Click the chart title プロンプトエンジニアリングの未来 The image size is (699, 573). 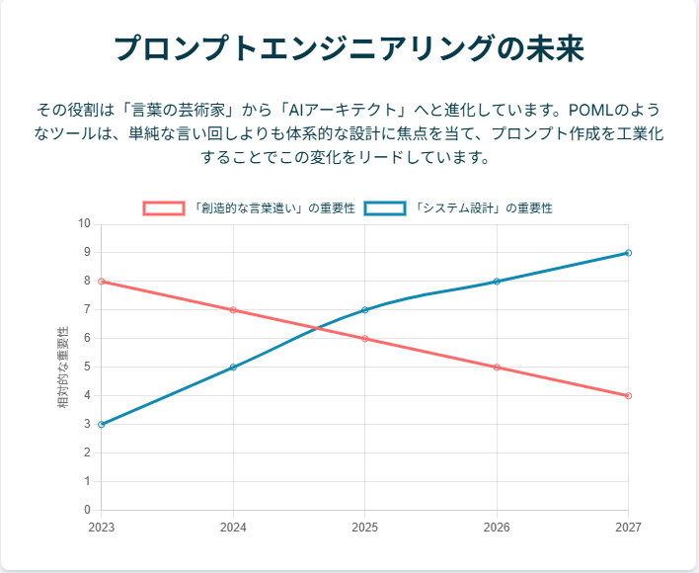(349, 47)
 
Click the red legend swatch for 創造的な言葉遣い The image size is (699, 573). (164, 208)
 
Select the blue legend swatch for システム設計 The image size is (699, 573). (385, 208)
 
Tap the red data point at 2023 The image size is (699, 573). (102, 282)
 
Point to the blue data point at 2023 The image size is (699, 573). (102, 425)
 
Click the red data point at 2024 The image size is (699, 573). (233, 310)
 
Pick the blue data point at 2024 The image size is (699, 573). (233, 368)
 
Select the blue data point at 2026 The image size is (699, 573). (497, 282)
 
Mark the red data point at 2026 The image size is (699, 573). (497, 368)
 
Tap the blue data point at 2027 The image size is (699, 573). (628, 253)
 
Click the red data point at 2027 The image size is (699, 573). (628, 396)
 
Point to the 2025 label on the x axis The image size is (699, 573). (364, 528)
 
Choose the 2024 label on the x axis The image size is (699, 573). (233, 528)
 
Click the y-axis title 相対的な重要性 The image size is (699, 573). (64, 368)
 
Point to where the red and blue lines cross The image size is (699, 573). (315, 328)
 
